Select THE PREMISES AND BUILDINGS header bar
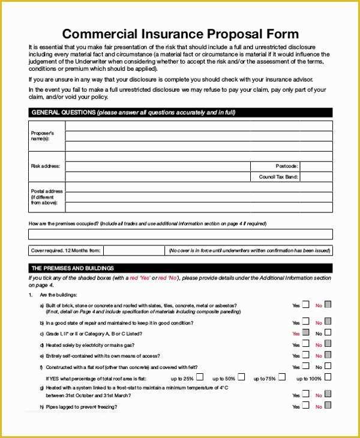(180, 268)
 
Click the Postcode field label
(286, 166)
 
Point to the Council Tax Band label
(278, 177)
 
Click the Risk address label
(46, 166)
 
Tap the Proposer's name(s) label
(43, 136)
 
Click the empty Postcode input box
(316, 166)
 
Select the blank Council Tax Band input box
(316, 177)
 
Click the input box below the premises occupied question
(180, 234)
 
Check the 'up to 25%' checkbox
(200, 377)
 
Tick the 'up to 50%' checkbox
(241, 377)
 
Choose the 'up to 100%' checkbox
(328, 377)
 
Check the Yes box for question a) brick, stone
(306, 305)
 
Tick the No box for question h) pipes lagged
(328, 406)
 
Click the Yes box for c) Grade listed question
(306, 332)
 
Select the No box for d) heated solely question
(328, 344)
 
